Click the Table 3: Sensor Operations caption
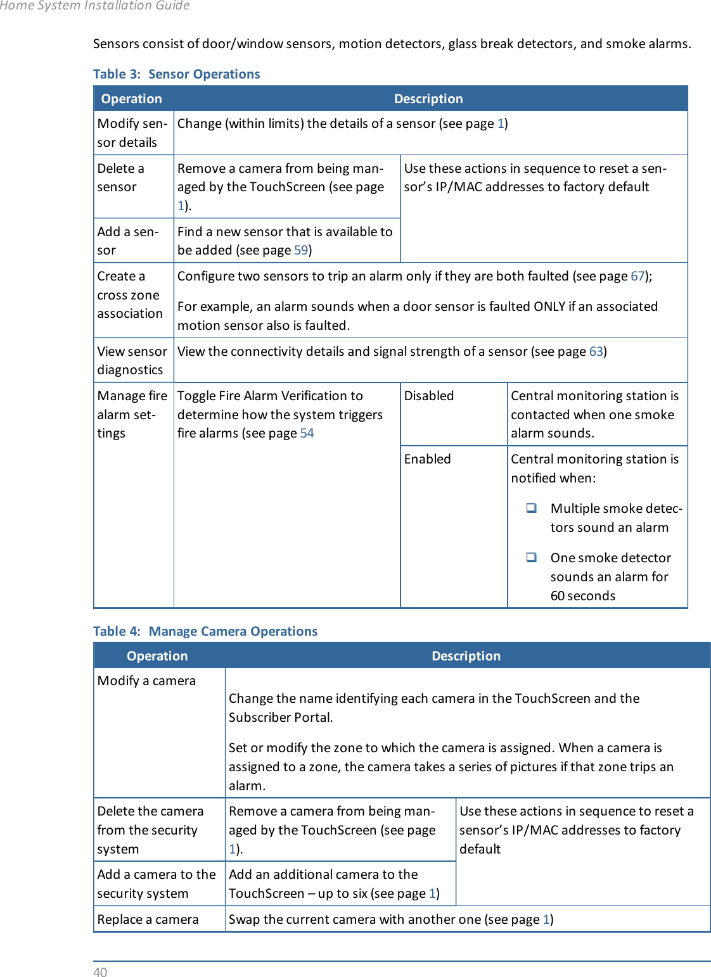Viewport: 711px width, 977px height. click(176, 74)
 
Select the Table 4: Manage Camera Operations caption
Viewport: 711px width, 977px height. click(205, 631)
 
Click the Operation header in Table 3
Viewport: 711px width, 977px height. click(131, 99)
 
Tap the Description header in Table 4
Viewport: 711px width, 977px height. click(466, 656)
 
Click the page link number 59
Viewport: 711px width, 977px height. click(301, 250)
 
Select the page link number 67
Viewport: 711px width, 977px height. click(637, 276)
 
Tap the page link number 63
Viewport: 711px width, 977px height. click(596, 351)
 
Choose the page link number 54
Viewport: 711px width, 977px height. click(307, 433)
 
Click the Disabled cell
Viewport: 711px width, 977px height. click(429, 396)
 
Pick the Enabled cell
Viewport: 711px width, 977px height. click(427, 459)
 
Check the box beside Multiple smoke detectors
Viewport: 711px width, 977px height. click(531, 508)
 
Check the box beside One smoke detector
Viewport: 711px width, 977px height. click(531, 557)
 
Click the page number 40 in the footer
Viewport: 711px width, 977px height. click(100, 972)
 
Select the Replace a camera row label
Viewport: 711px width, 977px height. click(148, 919)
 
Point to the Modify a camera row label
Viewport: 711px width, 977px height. click(146, 681)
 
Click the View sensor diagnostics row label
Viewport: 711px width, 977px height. click(132, 360)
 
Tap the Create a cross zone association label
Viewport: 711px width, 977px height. click(129, 295)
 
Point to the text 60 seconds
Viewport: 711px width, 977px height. click(582, 596)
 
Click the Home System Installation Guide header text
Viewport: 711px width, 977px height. click(95, 6)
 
